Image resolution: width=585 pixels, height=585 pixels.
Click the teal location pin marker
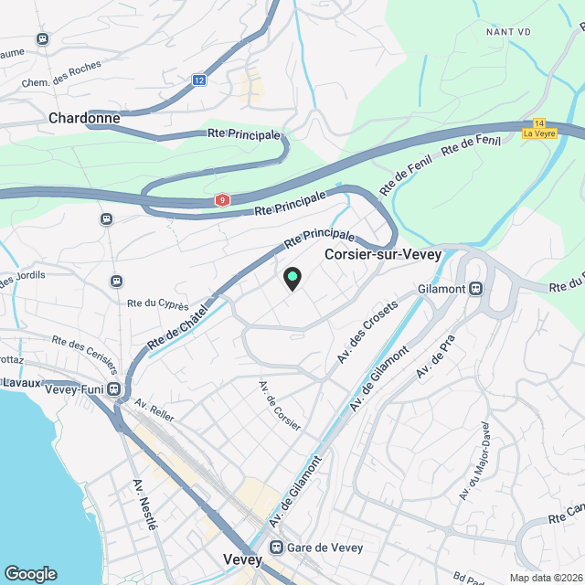(x=292, y=278)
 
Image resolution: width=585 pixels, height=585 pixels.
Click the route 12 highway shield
(x=199, y=80)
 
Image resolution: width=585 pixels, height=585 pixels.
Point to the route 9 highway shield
(x=222, y=199)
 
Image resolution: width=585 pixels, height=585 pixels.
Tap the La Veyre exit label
(x=539, y=133)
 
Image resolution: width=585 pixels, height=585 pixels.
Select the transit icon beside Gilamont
(x=475, y=289)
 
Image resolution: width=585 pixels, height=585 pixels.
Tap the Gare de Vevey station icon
(x=275, y=548)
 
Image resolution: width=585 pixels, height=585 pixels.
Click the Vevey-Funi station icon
(x=115, y=389)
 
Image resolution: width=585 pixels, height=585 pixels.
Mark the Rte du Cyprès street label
(x=158, y=305)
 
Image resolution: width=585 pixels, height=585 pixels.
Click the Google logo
(x=30, y=573)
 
